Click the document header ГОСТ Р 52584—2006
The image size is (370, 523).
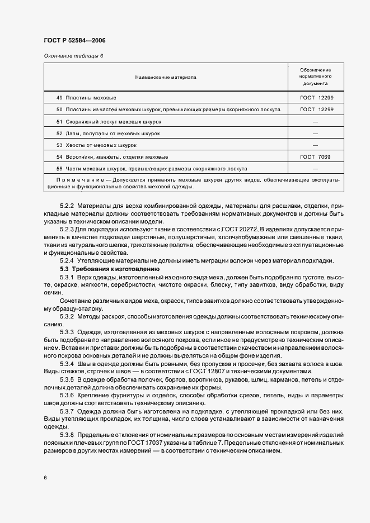74,41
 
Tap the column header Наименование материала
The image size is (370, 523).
165,77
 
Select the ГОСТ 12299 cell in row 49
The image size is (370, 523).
316,98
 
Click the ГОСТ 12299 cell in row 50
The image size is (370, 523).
316,110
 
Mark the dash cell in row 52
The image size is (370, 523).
316,134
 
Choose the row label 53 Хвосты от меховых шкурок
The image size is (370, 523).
96,145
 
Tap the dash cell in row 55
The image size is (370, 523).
316,169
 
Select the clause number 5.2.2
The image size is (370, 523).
67,206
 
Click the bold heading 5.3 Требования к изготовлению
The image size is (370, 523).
102,269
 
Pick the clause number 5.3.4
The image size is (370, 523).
67,364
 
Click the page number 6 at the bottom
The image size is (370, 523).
45,478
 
